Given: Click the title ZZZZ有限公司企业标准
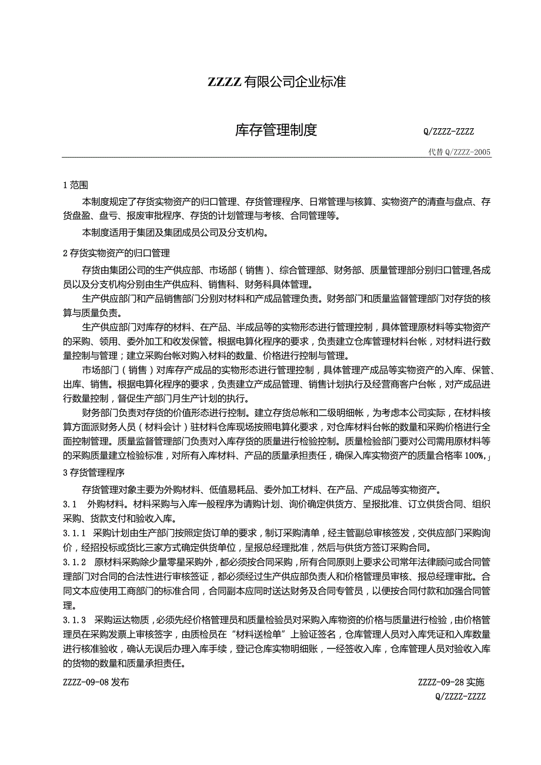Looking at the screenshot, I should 276,82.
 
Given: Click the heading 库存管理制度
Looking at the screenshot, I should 276,130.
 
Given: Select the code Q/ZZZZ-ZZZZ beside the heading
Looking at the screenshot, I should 448,132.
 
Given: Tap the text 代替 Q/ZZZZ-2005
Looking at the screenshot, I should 460,152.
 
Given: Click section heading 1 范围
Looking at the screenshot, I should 75,185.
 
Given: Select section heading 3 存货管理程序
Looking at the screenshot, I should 93,472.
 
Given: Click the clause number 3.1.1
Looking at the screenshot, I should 75,533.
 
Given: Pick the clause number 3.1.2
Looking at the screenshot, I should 75,562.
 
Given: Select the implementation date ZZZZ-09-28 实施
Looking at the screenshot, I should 451,682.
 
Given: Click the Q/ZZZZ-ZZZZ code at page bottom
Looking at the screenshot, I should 460,697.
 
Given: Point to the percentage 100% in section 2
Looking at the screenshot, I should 473,456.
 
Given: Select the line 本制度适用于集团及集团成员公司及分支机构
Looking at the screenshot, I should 175,232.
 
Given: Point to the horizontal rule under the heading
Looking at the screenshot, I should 276,158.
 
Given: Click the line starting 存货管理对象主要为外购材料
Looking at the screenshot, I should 262,489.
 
